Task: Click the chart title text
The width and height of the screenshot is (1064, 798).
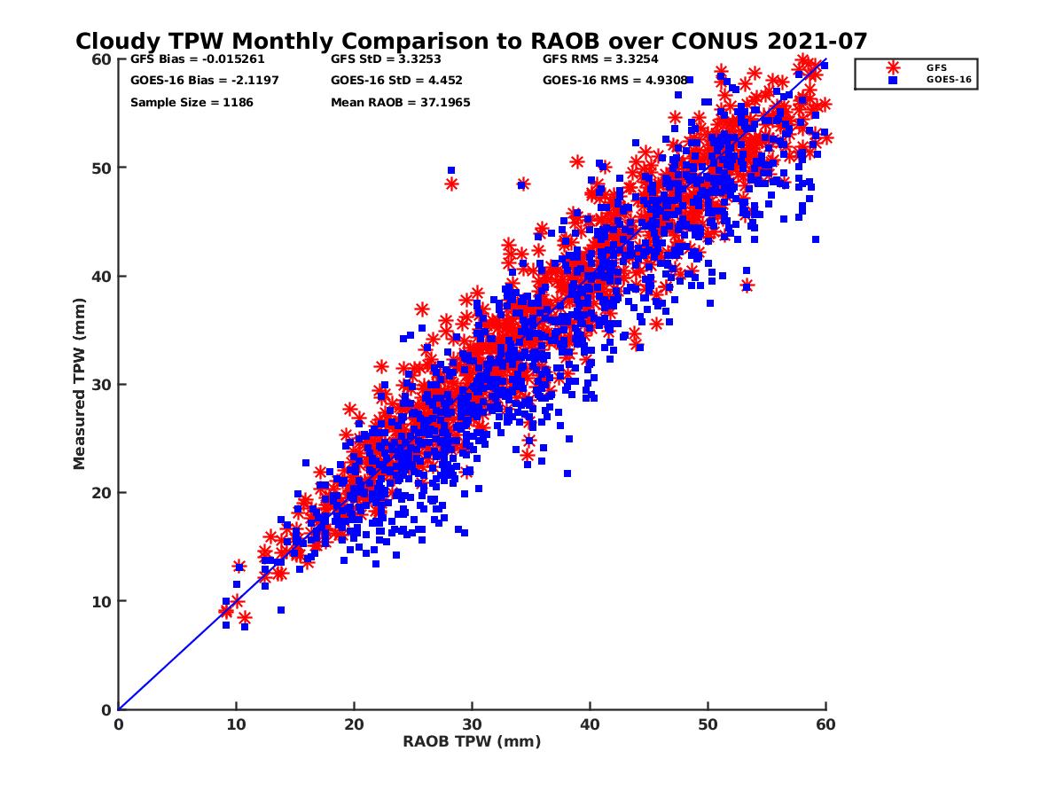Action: tap(471, 42)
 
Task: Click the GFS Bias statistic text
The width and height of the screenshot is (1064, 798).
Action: tap(197, 59)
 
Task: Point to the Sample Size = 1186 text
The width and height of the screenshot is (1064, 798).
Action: tap(192, 103)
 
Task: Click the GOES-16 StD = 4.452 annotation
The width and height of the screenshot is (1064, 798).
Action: tap(396, 81)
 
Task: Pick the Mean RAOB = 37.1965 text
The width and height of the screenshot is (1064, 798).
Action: tap(400, 103)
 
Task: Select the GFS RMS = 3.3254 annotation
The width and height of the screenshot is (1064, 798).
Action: tap(600, 59)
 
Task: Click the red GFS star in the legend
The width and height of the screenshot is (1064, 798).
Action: tap(893, 67)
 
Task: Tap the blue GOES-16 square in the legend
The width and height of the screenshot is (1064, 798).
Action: tap(893, 80)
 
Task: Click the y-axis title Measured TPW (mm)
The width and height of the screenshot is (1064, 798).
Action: tap(80, 384)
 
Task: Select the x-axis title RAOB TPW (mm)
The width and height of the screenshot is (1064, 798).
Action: tap(472, 741)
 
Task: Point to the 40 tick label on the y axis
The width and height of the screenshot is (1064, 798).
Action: tap(100, 277)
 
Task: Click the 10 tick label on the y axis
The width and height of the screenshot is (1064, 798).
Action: tap(100, 601)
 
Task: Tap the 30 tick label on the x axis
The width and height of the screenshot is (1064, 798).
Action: tap(472, 724)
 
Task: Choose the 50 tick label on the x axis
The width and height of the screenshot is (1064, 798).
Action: tap(708, 724)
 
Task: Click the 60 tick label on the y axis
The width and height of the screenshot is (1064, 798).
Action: tap(100, 59)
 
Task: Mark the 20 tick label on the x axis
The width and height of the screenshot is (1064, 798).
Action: tap(354, 724)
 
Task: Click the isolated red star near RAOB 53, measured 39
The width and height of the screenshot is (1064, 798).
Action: tap(747, 286)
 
